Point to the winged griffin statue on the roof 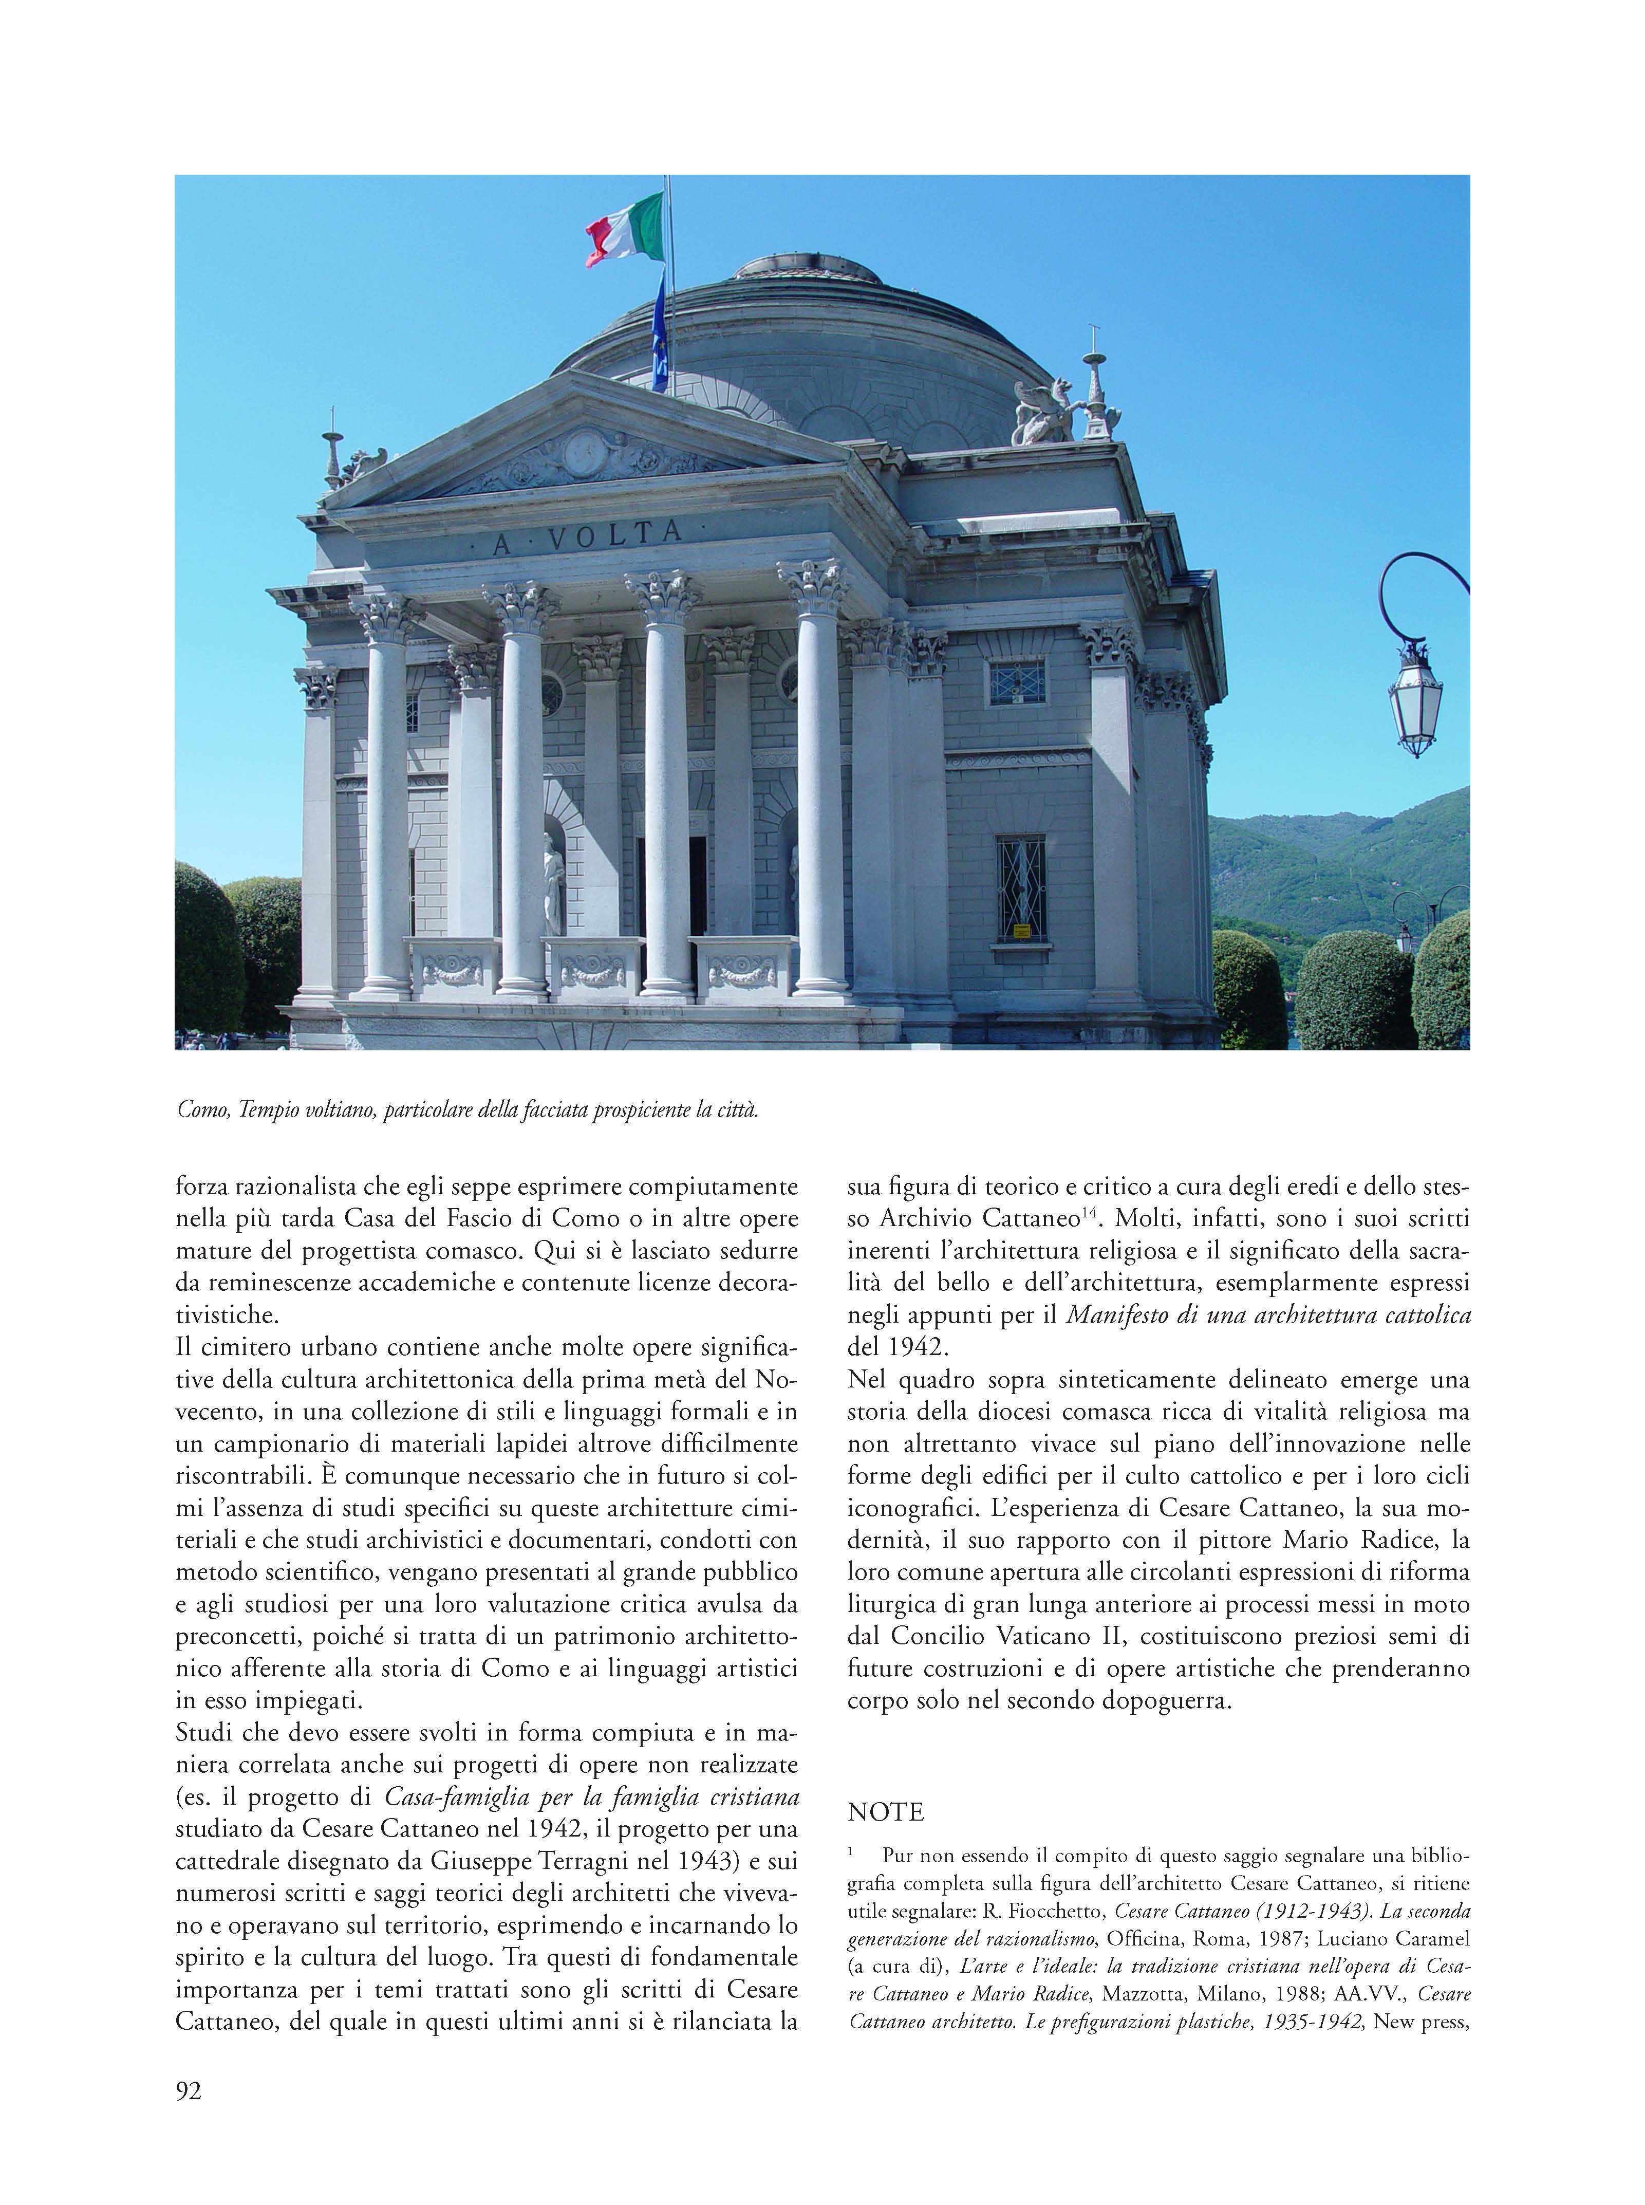click(1040, 411)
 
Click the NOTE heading click(885, 1811)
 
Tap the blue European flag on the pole click(659, 333)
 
